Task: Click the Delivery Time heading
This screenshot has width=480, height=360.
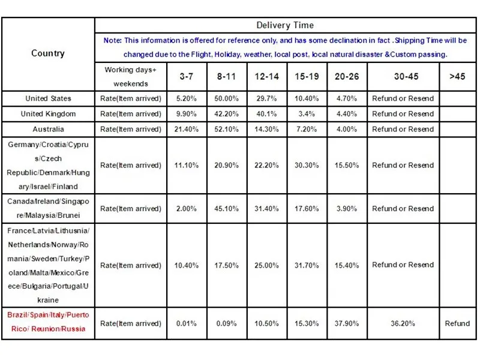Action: [x=285, y=25]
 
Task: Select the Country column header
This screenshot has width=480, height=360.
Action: [x=48, y=53]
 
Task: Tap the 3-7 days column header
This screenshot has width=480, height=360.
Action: [x=187, y=77]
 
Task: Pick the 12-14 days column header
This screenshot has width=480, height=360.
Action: [x=266, y=77]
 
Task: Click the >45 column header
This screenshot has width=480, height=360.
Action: [x=457, y=77]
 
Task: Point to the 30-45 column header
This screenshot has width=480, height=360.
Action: [x=406, y=77]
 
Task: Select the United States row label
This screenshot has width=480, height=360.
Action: [x=48, y=98]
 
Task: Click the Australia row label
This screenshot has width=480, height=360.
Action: [x=48, y=129]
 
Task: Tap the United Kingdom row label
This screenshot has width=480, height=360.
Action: [x=48, y=114]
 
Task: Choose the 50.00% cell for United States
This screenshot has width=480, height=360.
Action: [x=226, y=98]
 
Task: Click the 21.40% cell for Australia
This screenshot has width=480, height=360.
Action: [x=187, y=129]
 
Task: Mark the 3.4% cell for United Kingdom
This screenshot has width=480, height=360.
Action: [x=307, y=114]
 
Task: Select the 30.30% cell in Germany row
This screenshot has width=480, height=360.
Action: [x=307, y=166]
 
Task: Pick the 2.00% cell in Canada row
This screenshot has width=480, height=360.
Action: [x=187, y=209]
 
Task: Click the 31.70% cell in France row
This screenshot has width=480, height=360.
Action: [x=307, y=265]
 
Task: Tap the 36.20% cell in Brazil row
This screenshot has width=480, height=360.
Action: [x=403, y=323]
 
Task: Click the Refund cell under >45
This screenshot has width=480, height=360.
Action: [x=457, y=323]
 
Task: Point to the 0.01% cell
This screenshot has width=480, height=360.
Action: [x=187, y=323]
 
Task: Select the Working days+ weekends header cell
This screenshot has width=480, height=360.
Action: [x=131, y=77]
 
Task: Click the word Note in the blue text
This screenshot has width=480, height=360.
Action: [x=112, y=40]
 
